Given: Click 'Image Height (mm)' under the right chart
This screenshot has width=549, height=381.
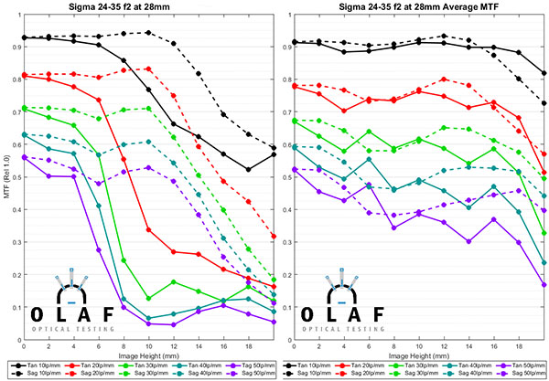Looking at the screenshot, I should [419, 356].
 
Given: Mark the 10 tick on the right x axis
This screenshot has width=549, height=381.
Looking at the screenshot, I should [419, 344].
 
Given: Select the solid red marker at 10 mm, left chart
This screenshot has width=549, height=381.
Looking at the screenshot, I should [148, 229].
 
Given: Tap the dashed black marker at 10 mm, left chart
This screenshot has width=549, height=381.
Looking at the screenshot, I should [148, 32].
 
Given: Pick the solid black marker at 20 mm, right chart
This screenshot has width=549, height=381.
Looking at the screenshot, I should [544, 73].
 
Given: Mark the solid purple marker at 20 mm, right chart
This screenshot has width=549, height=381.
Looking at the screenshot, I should [544, 284].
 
